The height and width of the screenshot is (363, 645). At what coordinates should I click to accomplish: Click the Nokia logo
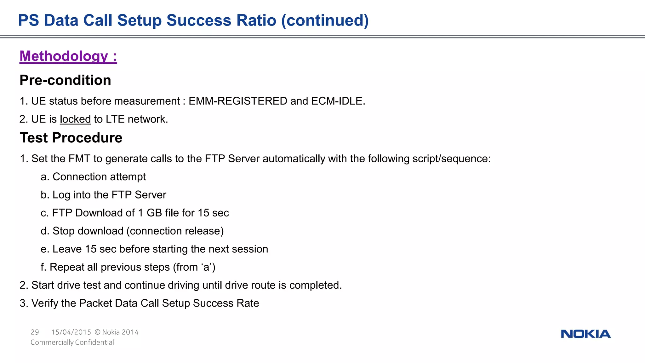point(585,334)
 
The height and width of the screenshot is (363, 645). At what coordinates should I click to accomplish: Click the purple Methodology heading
point(68,56)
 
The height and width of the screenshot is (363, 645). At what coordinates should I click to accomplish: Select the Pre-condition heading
point(65,80)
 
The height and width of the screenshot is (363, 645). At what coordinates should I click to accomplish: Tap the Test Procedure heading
point(71,138)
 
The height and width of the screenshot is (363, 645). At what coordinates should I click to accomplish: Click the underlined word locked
point(75,119)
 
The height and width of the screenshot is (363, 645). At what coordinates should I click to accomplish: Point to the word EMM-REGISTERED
point(238,101)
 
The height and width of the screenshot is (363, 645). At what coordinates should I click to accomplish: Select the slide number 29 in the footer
point(35,332)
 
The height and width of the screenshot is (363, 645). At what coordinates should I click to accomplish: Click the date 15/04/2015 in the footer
point(71,332)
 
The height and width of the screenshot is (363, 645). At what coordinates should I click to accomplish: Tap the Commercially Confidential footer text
point(72,342)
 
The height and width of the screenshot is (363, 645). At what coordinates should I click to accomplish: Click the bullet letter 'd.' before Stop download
point(45,231)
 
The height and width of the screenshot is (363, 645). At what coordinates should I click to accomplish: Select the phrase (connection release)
point(175,231)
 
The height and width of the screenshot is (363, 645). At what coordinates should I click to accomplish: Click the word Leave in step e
point(67,249)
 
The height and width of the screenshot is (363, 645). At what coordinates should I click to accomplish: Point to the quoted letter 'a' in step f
point(206,267)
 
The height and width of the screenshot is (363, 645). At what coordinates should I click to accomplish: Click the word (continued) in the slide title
point(325,20)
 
